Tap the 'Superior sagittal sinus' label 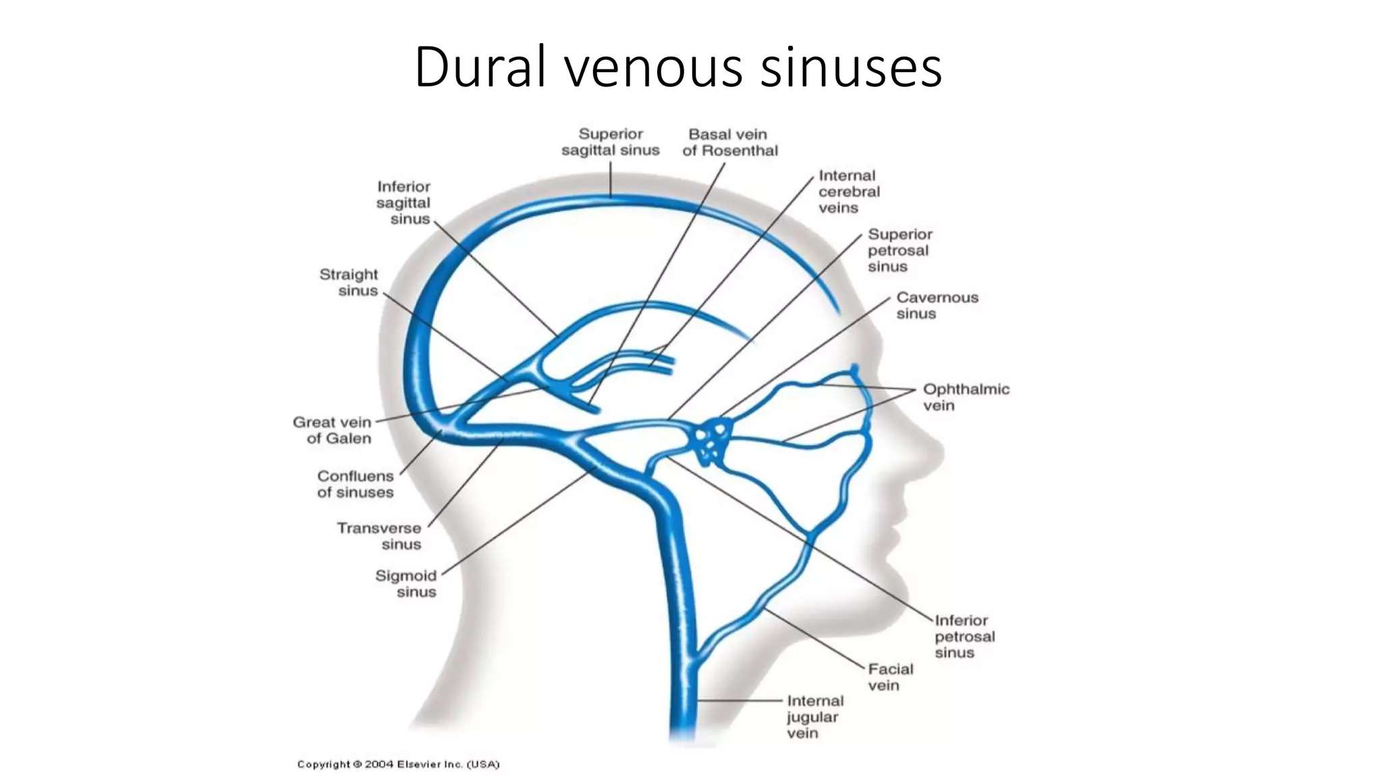[x=611, y=142]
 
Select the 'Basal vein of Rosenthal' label [x=730, y=142]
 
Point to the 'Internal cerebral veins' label [x=849, y=192]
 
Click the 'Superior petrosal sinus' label [x=900, y=250]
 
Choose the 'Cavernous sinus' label [x=937, y=306]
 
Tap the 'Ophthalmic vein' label [x=966, y=397]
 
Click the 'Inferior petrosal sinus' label [x=964, y=636]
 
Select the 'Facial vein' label [x=890, y=677]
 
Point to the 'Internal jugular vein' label [x=815, y=717]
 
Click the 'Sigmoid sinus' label [x=406, y=583]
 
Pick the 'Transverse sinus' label [x=379, y=536]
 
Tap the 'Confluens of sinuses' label [x=356, y=484]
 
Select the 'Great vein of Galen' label [x=332, y=430]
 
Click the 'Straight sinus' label [x=349, y=283]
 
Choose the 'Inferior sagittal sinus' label [x=404, y=202]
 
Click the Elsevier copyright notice [x=398, y=764]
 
